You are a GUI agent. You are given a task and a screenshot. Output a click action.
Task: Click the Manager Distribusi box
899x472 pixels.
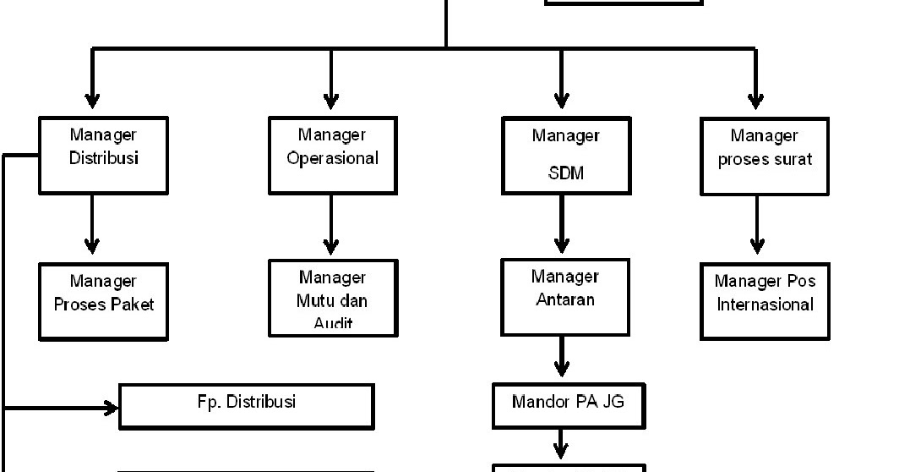click(103, 155)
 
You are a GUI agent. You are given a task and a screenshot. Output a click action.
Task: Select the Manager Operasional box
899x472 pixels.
click(332, 155)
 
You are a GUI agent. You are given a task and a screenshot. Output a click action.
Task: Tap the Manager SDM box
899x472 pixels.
click(565, 156)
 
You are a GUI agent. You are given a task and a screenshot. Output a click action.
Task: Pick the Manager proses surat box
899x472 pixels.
click(764, 156)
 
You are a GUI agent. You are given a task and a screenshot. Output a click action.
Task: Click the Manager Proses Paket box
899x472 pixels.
click(103, 301)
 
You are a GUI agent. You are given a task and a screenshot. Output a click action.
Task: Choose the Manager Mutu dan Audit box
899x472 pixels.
click(332, 298)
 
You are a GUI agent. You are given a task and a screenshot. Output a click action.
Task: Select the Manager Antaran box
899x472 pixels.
click(565, 296)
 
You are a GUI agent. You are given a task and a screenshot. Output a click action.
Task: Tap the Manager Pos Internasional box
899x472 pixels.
click(764, 300)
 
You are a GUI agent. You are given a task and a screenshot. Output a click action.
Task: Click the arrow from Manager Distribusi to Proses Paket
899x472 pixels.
click(92, 224)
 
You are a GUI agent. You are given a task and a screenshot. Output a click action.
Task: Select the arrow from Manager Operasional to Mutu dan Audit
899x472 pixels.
click(331, 224)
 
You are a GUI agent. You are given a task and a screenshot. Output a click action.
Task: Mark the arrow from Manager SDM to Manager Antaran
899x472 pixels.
click(562, 224)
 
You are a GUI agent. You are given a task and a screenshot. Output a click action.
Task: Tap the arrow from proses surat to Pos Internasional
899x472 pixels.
click(756, 224)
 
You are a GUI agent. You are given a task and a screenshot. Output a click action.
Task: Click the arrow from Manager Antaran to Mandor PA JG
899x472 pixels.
click(562, 357)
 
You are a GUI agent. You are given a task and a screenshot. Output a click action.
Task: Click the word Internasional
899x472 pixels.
click(765, 305)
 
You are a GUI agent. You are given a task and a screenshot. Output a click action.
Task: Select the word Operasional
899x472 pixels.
click(332, 158)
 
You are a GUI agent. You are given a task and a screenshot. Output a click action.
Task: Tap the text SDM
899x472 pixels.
click(565, 173)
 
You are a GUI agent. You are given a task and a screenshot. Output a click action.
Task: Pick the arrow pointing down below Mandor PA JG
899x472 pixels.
click(561, 445)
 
